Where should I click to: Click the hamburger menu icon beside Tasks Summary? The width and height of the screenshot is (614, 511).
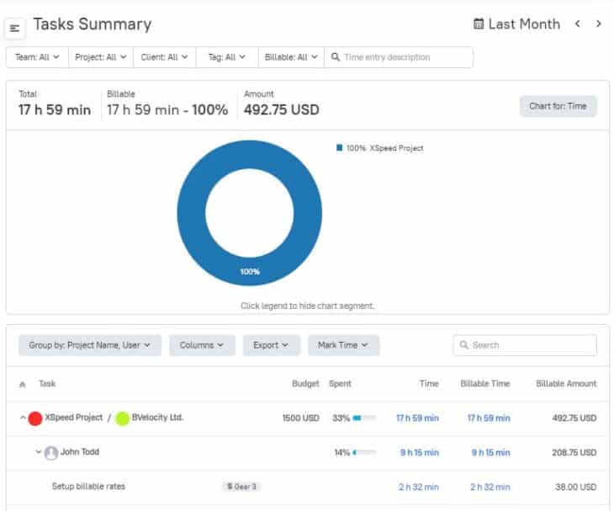(x=15, y=29)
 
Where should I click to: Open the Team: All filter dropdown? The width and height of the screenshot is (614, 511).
(x=37, y=57)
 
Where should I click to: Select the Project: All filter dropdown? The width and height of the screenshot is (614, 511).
(x=101, y=57)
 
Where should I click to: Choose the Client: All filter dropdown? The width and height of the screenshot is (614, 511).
(x=165, y=57)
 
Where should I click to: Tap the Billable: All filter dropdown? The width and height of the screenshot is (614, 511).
(x=291, y=57)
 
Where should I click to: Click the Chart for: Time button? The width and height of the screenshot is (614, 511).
(x=558, y=106)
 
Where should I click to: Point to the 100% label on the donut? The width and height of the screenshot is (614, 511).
(x=249, y=272)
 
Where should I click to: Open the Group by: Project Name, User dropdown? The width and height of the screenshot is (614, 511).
(x=89, y=345)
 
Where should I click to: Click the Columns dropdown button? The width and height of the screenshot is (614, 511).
(x=202, y=345)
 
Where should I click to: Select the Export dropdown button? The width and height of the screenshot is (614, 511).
(x=271, y=345)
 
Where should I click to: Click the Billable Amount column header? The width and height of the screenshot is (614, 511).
(x=565, y=384)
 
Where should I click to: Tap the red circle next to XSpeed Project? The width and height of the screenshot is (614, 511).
(x=35, y=418)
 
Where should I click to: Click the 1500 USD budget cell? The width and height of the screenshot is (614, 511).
(x=300, y=418)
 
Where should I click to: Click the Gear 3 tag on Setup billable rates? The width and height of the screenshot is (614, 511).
(x=241, y=487)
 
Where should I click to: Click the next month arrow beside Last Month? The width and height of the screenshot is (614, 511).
(x=598, y=24)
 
